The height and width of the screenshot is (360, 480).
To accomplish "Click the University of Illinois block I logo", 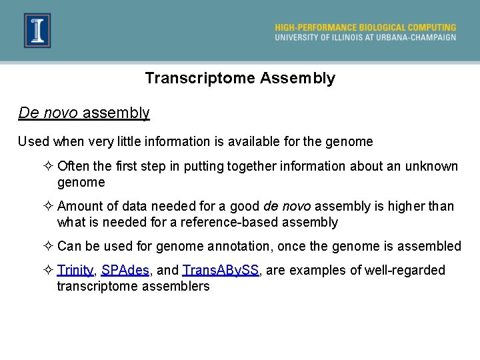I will click(x=37, y=31).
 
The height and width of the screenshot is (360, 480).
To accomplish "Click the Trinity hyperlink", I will click(x=75, y=270).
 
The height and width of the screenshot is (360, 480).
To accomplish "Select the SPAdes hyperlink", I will click(x=125, y=270).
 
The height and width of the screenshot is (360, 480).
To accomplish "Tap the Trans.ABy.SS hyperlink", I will click(x=220, y=270).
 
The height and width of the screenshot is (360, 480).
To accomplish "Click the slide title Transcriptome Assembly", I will click(x=240, y=79).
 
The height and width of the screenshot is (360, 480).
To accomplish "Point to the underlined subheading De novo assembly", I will click(x=84, y=113).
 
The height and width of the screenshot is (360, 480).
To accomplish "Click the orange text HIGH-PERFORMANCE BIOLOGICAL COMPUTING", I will click(x=365, y=27).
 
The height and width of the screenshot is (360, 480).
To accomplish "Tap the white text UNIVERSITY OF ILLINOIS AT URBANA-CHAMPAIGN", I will click(x=365, y=37).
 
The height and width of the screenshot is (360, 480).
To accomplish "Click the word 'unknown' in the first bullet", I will click(x=435, y=166).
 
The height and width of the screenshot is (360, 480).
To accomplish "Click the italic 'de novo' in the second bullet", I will click(x=287, y=207).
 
